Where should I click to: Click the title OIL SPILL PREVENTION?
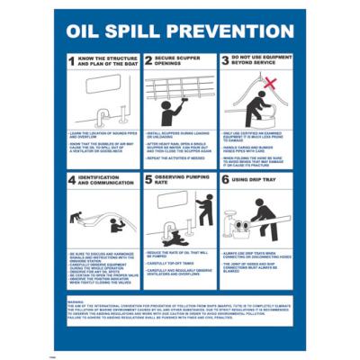pyautogui.click(x=180, y=31)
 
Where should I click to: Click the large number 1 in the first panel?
pyautogui.click(x=74, y=62)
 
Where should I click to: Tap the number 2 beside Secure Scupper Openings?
pyautogui.click(x=150, y=62)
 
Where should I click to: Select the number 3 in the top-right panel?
pyautogui.click(x=225, y=62)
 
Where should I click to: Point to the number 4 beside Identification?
pyautogui.click(x=74, y=181)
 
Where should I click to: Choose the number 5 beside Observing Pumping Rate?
pyautogui.click(x=150, y=181)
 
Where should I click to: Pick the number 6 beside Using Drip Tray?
pyautogui.click(x=225, y=181)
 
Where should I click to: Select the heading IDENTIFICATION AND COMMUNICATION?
pyautogui.click(x=103, y=181)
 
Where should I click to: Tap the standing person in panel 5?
pyautogui.click(x=205, y=211)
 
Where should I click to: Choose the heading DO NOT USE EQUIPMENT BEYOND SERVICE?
pyautogui.click(x=260, y=62)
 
